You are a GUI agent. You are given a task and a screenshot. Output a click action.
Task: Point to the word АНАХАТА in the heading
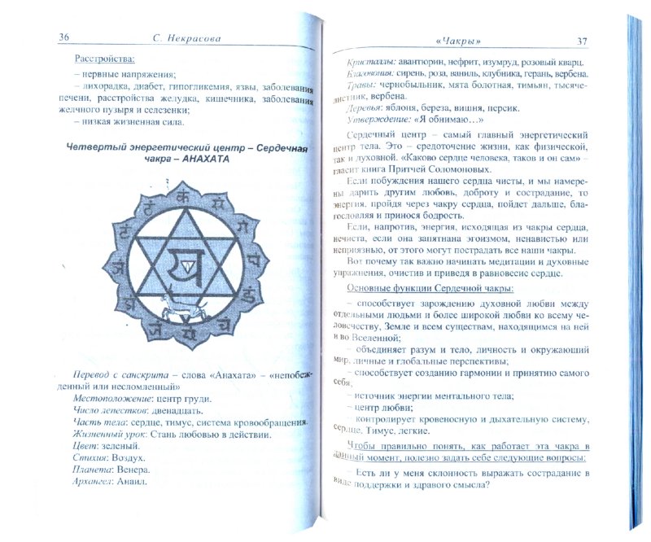(x=196, y=160)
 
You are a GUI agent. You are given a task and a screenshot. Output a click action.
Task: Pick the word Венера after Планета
(x=132, y=477)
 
